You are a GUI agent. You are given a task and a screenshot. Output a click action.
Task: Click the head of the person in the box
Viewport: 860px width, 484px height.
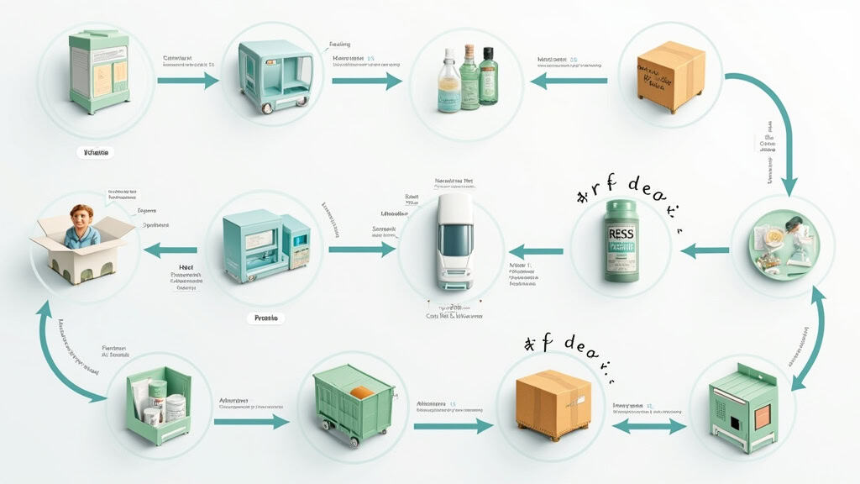[x=82, y=218]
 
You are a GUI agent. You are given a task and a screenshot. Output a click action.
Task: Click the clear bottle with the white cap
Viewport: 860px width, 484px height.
[x=449, y=82]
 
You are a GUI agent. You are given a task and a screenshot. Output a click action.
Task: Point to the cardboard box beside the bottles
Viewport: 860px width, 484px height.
[x=669, y=76]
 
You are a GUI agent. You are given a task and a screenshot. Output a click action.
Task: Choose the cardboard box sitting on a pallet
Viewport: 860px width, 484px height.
[x=553, y=404]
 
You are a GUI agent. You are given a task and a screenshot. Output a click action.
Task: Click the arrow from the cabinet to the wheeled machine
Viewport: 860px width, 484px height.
[x=187, y=82]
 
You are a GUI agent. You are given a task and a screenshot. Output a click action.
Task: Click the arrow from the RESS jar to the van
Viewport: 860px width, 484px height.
[x=536, y=251]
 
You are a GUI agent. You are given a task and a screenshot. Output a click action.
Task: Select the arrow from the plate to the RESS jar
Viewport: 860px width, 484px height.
[x=704, y=250]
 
